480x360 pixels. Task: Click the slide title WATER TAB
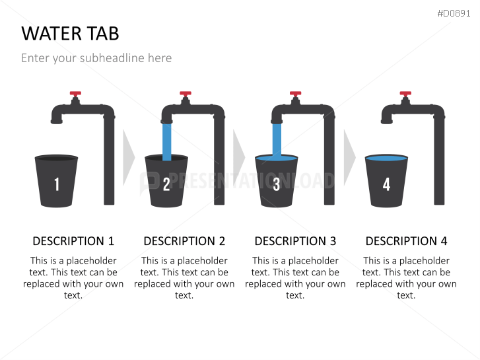(x=70, y=34)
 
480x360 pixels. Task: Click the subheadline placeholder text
(x=96, y=58)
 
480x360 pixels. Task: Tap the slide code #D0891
(x=454, y=13)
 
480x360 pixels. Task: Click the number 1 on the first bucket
(x=57, y=184)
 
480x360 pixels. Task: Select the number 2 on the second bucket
(x=166, y=184)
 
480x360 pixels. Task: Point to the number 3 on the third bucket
(x=277, y=184)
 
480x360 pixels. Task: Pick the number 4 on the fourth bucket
(x=386, y=184)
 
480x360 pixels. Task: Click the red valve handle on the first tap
(x=75, y=94)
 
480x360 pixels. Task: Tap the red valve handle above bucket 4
(x=405, y=94)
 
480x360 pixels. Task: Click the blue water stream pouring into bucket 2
(x=167, y=142)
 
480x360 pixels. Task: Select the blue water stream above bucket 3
(x=277, y=140)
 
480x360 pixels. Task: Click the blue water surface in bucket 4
(x=386, y=159)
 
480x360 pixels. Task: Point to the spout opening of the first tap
(x=57, y=122)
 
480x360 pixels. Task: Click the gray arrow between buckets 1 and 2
(x=129, y=157)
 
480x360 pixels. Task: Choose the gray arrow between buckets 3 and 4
(x=349, y=157)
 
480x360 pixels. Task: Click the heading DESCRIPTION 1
(x=73, y=241)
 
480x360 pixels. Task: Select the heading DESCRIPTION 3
(x=295, y=241)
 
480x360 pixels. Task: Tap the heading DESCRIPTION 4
(x=406, y=241)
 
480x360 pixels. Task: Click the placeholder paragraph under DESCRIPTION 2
(x=184, y=278)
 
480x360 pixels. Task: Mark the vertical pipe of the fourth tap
(x=439, y=159)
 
